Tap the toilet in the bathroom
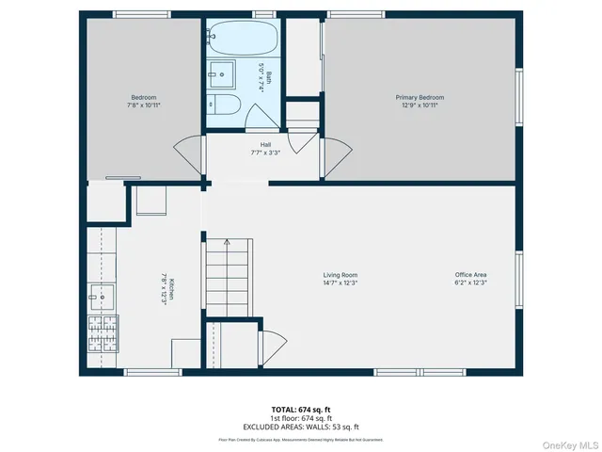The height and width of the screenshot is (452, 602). [229, 105]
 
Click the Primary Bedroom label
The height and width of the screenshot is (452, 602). [419, 97]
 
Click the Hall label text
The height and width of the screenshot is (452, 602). [266, 144]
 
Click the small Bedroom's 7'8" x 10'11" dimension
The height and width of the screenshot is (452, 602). [143, 105]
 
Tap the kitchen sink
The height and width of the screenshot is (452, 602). [100, 297]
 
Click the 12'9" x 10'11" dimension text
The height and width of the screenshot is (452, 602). [419, 105]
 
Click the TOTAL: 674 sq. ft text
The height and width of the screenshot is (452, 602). [301, 409]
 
